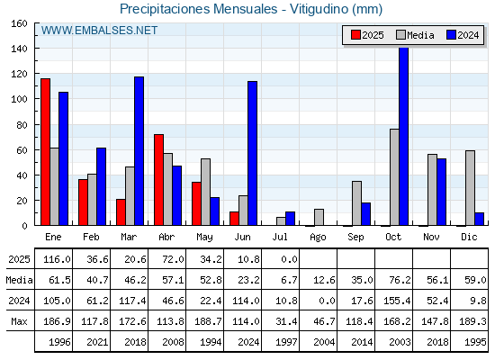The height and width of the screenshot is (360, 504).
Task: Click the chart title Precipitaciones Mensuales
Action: coord(198,9)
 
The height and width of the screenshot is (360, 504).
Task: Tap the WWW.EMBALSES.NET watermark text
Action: coord(99,31)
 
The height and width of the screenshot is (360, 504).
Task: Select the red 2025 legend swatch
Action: coord(355,35)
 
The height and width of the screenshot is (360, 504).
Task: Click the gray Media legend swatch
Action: coord(401,35)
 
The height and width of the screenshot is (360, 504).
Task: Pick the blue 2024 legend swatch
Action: coord(451,35)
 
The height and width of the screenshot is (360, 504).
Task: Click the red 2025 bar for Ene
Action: coord(45,152)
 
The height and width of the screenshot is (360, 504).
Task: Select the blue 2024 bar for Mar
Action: coord(139,151)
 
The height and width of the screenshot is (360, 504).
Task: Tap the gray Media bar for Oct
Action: coord(394,177)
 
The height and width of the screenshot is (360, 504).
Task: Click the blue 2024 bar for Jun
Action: coord(252,153)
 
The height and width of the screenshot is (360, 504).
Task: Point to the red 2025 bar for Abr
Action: coord(158,180)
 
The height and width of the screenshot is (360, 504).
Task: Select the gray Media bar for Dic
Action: coord(470,188)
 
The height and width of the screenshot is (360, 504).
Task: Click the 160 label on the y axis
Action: coord(20,23)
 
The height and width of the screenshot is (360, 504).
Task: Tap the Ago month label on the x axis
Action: coord(318,238)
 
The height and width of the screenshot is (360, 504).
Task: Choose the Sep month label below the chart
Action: coord(355,238)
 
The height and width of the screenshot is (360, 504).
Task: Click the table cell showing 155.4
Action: coord(397,301)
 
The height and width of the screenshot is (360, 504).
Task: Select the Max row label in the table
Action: coord(19,321)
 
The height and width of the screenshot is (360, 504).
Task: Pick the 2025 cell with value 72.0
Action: coord(173,259)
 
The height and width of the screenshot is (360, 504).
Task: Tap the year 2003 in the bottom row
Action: coord(400,342)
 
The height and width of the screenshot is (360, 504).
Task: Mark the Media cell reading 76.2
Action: coord(400,280)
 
